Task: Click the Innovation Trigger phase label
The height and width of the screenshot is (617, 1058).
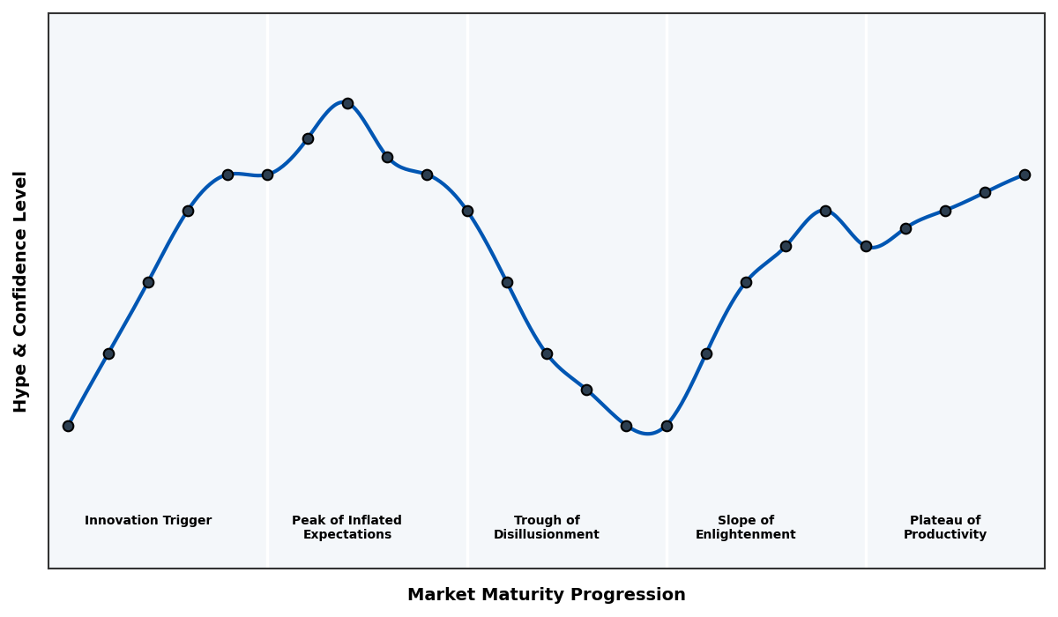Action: tap(148, 521)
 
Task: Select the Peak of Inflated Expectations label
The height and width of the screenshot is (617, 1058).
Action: tap(346, 527)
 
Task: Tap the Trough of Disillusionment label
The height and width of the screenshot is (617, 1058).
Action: tap(546, 527)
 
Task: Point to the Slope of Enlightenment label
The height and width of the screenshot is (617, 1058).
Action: tap(745, 527)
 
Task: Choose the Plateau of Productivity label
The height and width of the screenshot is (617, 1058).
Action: tap(944, 527)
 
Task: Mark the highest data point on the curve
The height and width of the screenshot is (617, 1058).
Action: tap(347, 103)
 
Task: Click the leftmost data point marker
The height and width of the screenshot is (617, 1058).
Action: tap(68, 426)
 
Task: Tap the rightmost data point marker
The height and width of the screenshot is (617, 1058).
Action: tap(1024, 175)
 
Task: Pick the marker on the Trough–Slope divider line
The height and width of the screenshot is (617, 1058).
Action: tap(667, 426)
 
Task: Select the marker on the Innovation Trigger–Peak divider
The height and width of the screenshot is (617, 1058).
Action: tap(267, 175)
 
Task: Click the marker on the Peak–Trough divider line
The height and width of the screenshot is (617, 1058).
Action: tap(467, 211)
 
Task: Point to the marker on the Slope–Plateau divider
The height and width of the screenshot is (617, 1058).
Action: tap(866, 246)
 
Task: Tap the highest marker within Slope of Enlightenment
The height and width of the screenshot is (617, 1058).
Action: tap(825, 211)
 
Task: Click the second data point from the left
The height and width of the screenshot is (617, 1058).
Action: tap(108, 353)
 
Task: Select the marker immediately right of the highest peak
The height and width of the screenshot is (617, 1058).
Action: tap(387, 157)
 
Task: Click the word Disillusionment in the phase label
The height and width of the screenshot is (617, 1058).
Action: tap(546, 535)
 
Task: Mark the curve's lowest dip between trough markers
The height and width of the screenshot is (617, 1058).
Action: tap(647, 433)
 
